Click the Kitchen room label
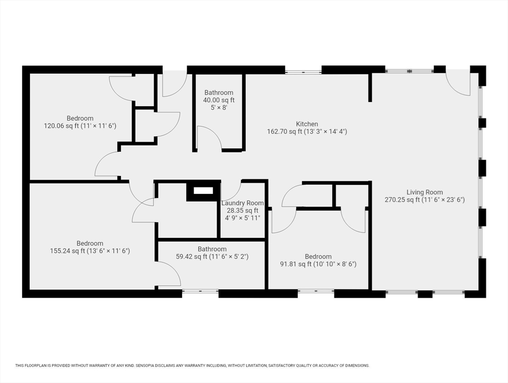coord(307,124)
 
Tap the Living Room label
coord(424,192)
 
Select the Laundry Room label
coord(243,203)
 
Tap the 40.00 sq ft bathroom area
coord(219,100)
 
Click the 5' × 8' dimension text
coord(219,108)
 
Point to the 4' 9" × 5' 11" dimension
coord(243,218)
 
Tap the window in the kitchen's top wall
coord(303,70)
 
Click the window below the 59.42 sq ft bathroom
coord(200,291)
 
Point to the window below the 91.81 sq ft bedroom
coord(316,291)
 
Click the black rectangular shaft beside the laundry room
coord(203,191)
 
